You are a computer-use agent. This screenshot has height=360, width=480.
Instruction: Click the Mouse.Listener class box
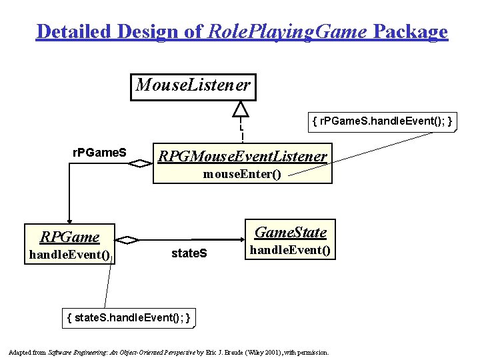pyautogui.click(x=193, y=86)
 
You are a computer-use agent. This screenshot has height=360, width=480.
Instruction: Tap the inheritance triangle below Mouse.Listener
pyautogui.click(x=241, y=111)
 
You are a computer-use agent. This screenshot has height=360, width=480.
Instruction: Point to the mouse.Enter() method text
pyautogui.click(x=243, y=174)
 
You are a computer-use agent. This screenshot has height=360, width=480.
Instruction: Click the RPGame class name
pyautogui.click(x=69, y=237)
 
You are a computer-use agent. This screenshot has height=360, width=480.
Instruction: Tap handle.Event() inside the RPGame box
pyautogui.click(x=69, y=254)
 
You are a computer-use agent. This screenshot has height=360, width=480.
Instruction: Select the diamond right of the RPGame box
pyautogui.click(x=127, y=239)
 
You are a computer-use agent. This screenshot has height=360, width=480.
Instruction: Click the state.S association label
pyautogui.click(x=189, y=253)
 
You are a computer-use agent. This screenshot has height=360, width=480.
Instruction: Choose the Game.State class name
pyautogui.click(x=291, y=232)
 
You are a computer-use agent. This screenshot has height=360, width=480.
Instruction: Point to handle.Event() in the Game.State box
pyautogui.click(x=291, y=250)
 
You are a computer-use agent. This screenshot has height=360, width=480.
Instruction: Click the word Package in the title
pyautogui.click(x=410, y=31)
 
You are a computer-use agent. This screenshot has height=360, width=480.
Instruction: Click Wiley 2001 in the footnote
pyautogui.click(x=261, y=351)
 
